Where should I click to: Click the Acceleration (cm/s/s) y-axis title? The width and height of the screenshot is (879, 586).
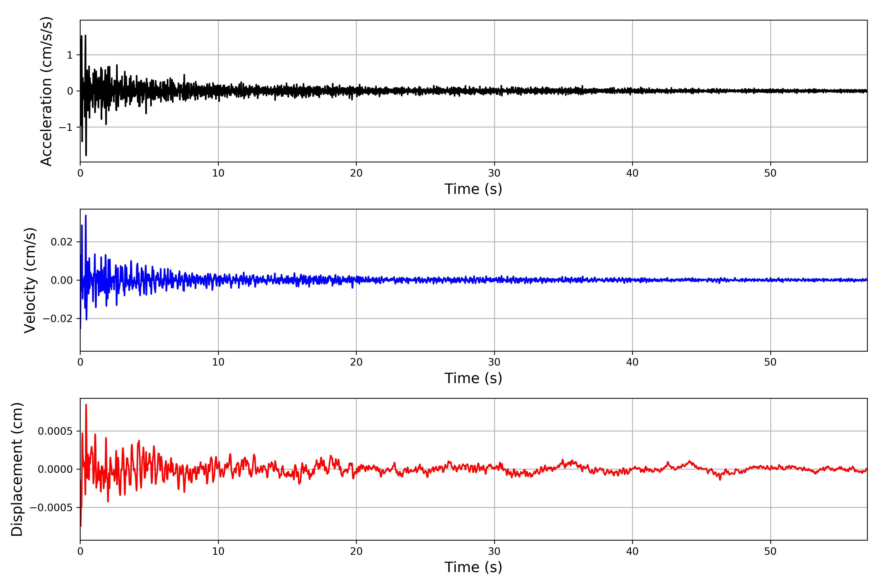[46, 91]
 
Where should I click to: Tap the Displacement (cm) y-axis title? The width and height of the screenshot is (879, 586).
[17, 469]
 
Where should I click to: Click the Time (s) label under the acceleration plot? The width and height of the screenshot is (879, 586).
[473, 189]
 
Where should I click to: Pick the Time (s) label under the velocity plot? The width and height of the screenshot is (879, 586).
[473, 378]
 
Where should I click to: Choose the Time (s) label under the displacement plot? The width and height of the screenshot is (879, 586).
[473, 567]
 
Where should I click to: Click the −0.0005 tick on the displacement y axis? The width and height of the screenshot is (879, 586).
[51, 508]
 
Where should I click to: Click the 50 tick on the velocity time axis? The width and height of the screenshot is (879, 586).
[770, 362]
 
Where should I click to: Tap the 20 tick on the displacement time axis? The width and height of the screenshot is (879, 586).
[356, 551]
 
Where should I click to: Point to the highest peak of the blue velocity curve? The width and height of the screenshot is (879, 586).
[86, 216]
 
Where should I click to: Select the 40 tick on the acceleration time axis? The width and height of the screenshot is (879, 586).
[632, 173]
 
